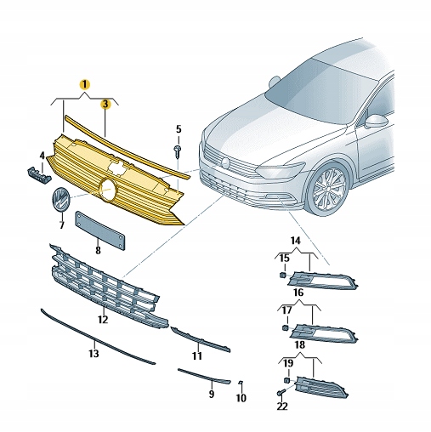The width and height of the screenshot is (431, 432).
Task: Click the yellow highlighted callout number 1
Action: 83,85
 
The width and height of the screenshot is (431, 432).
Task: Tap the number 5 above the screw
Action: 179,129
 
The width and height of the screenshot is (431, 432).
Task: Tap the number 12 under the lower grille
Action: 102,320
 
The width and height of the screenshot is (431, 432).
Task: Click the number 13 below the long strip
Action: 94,352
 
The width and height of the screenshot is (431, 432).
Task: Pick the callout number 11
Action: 196,355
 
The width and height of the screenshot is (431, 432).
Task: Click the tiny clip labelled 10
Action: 241,384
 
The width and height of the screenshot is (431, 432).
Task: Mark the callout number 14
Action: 296,242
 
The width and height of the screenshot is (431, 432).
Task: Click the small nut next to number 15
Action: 282,276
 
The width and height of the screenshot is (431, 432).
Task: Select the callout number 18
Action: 299,344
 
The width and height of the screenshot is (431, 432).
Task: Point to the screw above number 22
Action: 281,394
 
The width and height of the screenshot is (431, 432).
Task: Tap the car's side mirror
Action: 373,121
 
